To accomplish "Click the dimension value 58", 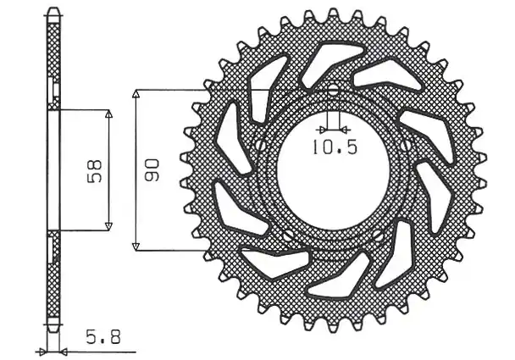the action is pos(95,171).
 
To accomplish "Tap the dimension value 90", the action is pos(152,170).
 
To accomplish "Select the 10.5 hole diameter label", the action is pos(334,147).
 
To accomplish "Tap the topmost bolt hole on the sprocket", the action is pos(333,90).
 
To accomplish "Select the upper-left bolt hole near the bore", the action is pos(261,145).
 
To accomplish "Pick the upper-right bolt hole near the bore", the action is pos(405,145).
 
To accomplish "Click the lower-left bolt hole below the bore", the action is pos(289,235).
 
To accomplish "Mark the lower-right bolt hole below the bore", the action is pos(378,235).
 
